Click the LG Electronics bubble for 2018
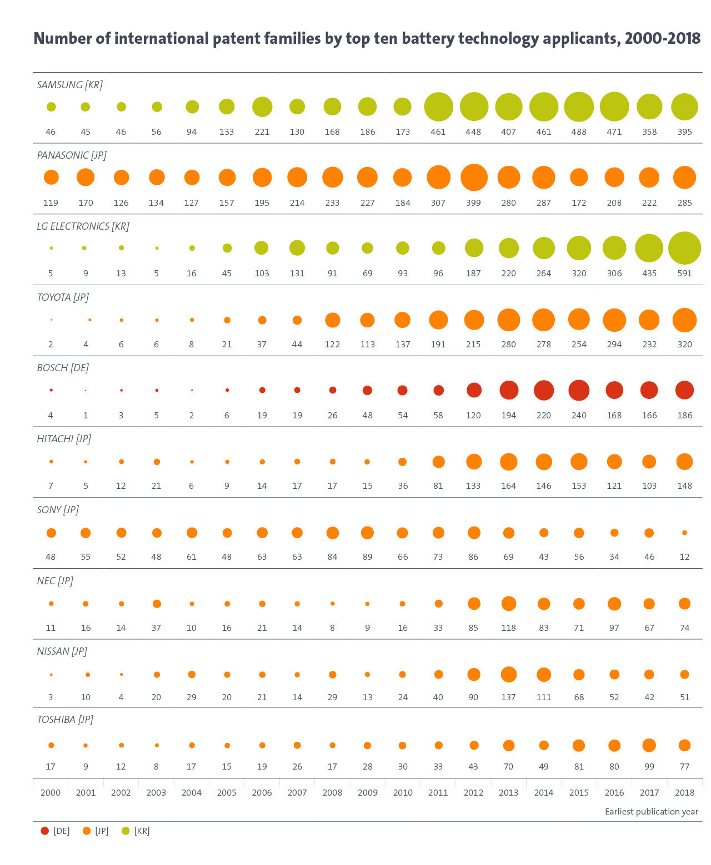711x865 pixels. [x=684, y=248]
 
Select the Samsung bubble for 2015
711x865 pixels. [x=579, y=107]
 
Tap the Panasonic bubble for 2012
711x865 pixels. [x=474, y=178]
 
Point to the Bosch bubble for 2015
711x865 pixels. [x=579, y=390]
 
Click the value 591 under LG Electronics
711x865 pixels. [x=684, y=274]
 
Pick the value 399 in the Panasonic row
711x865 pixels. [x=473, y=203]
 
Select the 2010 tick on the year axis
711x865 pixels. [x=403, y=793]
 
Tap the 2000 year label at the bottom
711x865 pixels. [x=51, y=793]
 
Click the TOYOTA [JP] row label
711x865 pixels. [x=63, y=297]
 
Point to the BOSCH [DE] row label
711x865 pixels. [x=63, y=368]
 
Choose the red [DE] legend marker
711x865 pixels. [x=45, y=831]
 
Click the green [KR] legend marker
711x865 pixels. [x=126, y=831]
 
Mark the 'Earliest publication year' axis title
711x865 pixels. [x=651, y=812]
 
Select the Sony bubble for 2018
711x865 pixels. [x=684, y=533]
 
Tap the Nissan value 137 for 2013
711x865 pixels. [x=508, y=697]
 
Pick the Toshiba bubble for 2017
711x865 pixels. [x=649, y=745]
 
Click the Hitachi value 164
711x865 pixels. [x=508, y=486]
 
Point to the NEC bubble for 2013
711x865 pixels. [x=508, y=604]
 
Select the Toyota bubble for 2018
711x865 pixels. [x=684, y=320]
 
